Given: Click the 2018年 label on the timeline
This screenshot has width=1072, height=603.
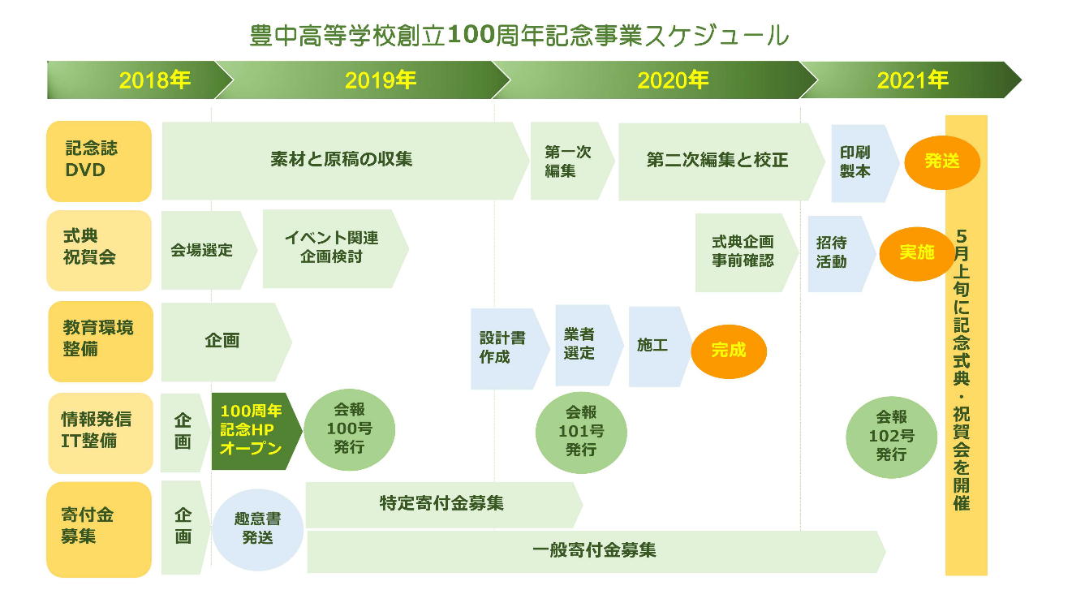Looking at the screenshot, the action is coord(154,80).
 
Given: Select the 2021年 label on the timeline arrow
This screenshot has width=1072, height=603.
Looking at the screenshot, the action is coord(912,80).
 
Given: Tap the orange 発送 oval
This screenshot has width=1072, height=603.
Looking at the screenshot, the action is coord(942,162).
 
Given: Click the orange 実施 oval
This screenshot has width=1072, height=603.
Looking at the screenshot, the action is coord(916,254).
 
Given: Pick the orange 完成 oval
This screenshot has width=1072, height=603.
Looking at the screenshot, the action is coord(729,351).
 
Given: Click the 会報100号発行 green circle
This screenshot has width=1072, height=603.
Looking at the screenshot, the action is coord(350,429).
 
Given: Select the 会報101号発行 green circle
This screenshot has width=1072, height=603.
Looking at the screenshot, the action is coord(581,433).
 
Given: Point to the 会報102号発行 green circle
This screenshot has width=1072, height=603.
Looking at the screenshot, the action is coord(891,437).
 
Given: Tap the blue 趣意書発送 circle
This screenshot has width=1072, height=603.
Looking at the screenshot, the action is coord(257,530).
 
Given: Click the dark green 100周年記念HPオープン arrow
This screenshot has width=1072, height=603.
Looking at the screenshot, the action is coord(256,431).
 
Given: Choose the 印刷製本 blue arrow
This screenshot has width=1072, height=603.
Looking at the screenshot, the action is coord(864,163).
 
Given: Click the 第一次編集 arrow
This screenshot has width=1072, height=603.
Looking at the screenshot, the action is coord(572,161).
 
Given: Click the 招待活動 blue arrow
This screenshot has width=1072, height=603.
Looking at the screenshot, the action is coord(842,254).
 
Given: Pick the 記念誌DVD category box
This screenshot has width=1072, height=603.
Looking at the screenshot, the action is coord(99,162).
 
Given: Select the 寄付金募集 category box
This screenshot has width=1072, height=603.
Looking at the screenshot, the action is coord(99,529).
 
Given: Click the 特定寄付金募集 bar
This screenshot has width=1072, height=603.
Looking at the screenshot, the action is coord(444,505).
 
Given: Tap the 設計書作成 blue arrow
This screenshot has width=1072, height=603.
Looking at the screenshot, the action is coord(510,348).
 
